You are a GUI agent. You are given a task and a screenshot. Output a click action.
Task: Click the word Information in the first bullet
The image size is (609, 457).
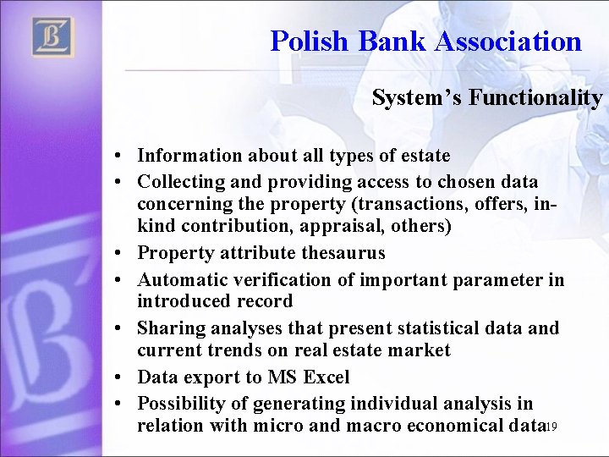(187, 156)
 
